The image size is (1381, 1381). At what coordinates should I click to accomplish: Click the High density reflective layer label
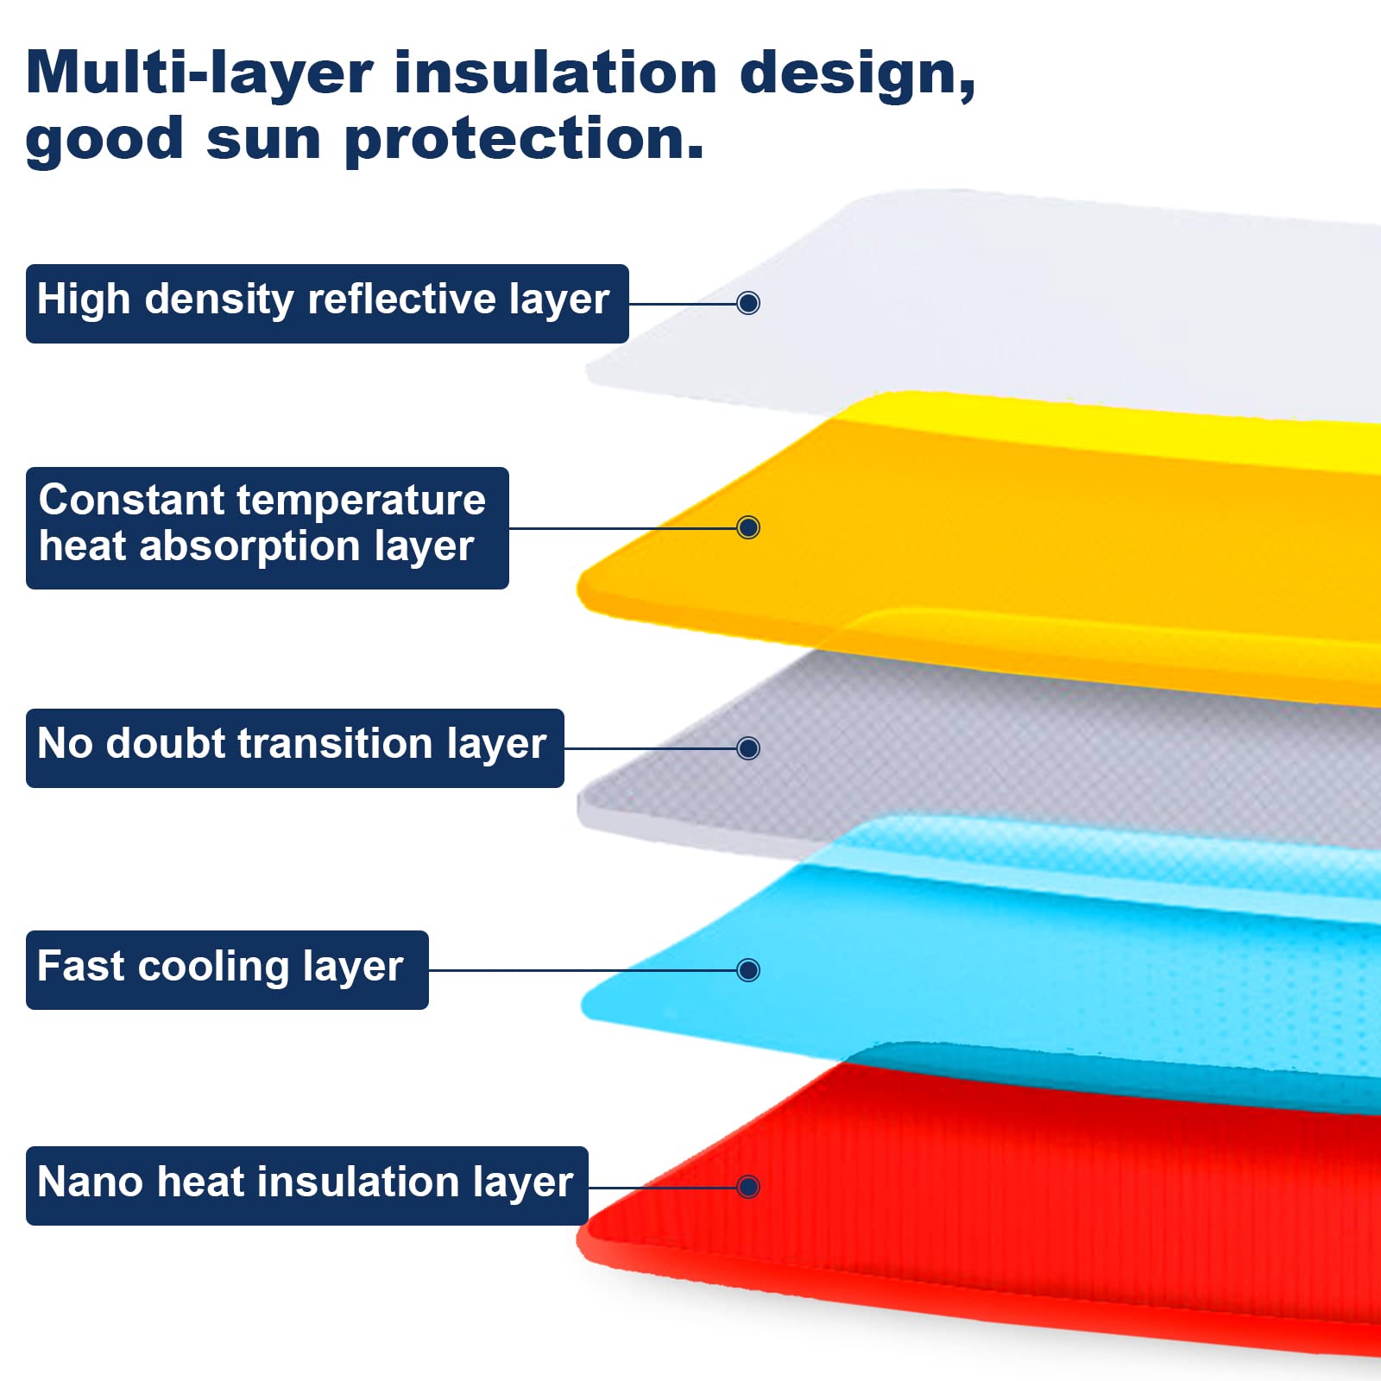pyautogui.click(x=327, y=304)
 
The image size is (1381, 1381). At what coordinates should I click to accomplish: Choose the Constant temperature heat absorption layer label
pyautogui.click(x=268, y=528)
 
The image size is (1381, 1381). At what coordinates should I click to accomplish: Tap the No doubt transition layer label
pyautogui.click(x=295, y=748)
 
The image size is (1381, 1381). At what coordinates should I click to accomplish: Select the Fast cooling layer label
pyautogui.click(x=227, y=970)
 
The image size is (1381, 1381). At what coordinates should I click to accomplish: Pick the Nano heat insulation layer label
pyautogui.click(x=307, y=1186)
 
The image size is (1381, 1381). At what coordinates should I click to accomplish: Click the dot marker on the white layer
pyautogui.click(x=748, y=303)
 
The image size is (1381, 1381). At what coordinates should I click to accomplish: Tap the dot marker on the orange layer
pyautogui.click(x=748, y=527)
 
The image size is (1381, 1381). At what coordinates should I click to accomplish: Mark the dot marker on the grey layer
pyautogui.click(x=748, y=747)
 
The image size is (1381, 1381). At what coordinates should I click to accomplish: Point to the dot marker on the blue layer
pyautogui.click(x=748, y=970)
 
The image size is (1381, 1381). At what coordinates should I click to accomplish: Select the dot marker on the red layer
pyautogui.click(x=748, y=1187)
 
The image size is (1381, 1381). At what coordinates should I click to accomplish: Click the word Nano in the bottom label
pyautogui.click(x=91, y=1182)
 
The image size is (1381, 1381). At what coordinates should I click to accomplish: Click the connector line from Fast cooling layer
pyautogui.click(x=583, y=970)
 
